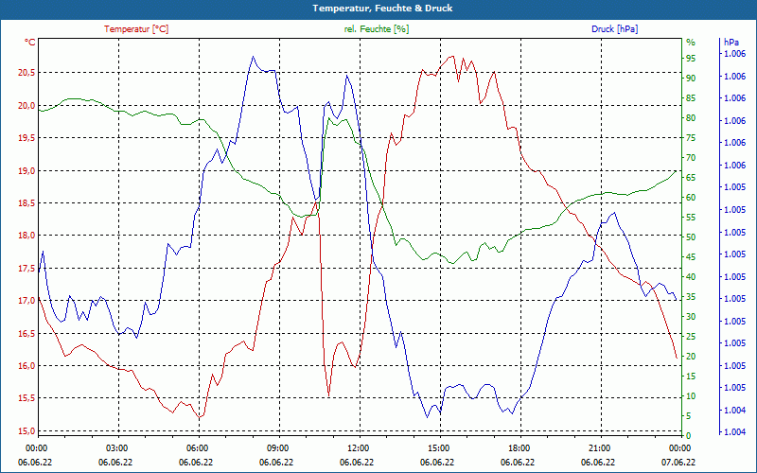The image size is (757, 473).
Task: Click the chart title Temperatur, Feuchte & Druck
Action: [378, 9]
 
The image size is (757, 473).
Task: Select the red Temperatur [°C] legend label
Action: [136, 29]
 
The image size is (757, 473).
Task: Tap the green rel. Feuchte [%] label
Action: [377, 29]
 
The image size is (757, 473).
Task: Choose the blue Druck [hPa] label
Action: [614, 29]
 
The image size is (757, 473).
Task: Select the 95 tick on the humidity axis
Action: [691, 58]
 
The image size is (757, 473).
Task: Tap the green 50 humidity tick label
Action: [691, 236]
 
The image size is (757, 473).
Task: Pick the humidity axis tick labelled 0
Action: [689, 435]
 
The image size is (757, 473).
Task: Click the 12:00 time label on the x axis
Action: [358, 448]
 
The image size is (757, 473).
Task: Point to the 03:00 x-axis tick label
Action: [116, 448]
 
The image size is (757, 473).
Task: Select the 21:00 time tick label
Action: [599, 448]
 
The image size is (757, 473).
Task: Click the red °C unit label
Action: [30, 43]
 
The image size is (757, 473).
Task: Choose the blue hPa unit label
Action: [731, 43]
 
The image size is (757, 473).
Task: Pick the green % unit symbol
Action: [691, 43]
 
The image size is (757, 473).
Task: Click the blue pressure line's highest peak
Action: [253, 57]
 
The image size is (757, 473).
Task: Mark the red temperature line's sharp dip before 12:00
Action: [328, 394]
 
